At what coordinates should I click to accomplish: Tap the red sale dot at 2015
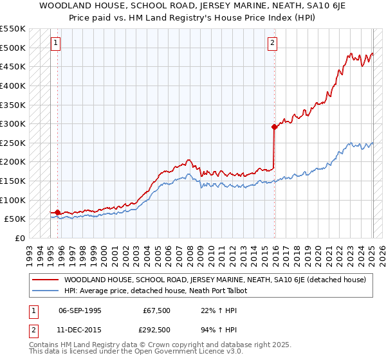pos(274,127)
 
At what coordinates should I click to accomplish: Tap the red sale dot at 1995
pos(58,212)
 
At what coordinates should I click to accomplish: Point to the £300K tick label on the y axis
pos(13,123)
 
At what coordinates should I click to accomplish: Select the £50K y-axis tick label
pos(15,219)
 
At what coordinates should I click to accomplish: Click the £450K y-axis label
pos(13,66)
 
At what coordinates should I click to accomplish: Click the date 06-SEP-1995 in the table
pos(80,310)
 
